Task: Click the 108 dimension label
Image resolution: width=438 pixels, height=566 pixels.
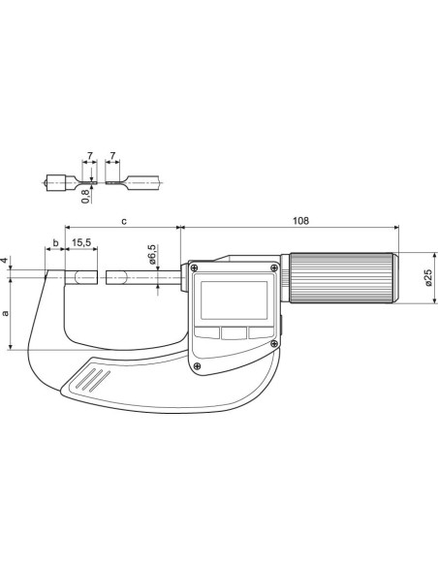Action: (x=301, y=221)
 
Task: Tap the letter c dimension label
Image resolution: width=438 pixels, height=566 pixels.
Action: (x=124, y=221)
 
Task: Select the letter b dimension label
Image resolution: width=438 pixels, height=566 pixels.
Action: (x=55, y=242)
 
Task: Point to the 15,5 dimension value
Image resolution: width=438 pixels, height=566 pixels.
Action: (x=81, y=242)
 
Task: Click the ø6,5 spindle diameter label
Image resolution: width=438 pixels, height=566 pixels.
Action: (x=152, y=254)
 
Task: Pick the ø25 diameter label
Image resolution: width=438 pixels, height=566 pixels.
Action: (x=428, y=277)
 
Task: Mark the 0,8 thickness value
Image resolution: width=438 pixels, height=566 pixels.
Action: (x=85, y=196)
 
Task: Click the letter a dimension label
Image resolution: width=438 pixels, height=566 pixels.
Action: (x=5, y=313)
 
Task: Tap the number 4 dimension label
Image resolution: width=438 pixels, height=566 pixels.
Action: (x=4, y=261)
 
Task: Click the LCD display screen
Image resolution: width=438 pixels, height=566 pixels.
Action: (x=234, y=300)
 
